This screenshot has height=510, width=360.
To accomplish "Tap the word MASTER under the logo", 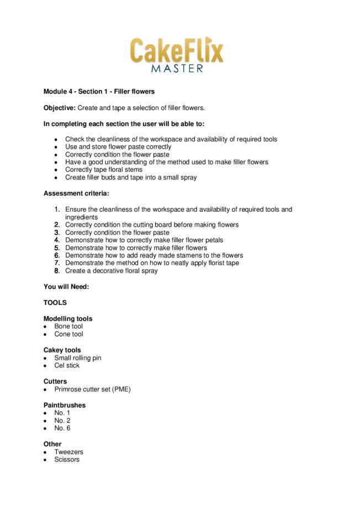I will point(177,69).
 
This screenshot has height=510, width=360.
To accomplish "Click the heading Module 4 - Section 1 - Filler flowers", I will point(99,91).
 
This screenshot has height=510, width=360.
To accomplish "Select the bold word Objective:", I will point(60,107).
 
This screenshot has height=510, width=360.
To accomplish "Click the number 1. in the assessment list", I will point(57,209).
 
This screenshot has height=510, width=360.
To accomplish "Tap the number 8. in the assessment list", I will point(57,271).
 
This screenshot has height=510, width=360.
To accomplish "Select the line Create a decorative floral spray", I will point(111,271).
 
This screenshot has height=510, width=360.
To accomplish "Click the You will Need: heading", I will point(66,287).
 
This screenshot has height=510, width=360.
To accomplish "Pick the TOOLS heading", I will point(55,302).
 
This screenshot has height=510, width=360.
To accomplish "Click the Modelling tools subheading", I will point(68,318).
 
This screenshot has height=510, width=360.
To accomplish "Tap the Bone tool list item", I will point(68,326).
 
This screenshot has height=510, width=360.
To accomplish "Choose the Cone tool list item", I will point(69,334).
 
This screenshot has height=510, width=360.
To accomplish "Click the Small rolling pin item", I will point(78,357).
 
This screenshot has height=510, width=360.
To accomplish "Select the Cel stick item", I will point(67,365).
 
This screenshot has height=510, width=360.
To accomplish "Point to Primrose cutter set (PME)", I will point(92,389).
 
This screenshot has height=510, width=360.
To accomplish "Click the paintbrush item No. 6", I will point(62,428).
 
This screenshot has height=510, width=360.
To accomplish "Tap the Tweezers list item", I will point(69,451).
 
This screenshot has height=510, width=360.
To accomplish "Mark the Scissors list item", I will point(67,459).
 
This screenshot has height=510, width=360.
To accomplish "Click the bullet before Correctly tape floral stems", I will point(56,170).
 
